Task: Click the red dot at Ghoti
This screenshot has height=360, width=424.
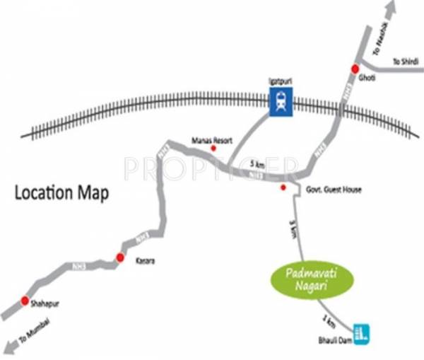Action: click(355, 69)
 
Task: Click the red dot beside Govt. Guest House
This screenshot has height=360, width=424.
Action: click(283, 187)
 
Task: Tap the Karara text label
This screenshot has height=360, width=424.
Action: click(144, 262)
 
